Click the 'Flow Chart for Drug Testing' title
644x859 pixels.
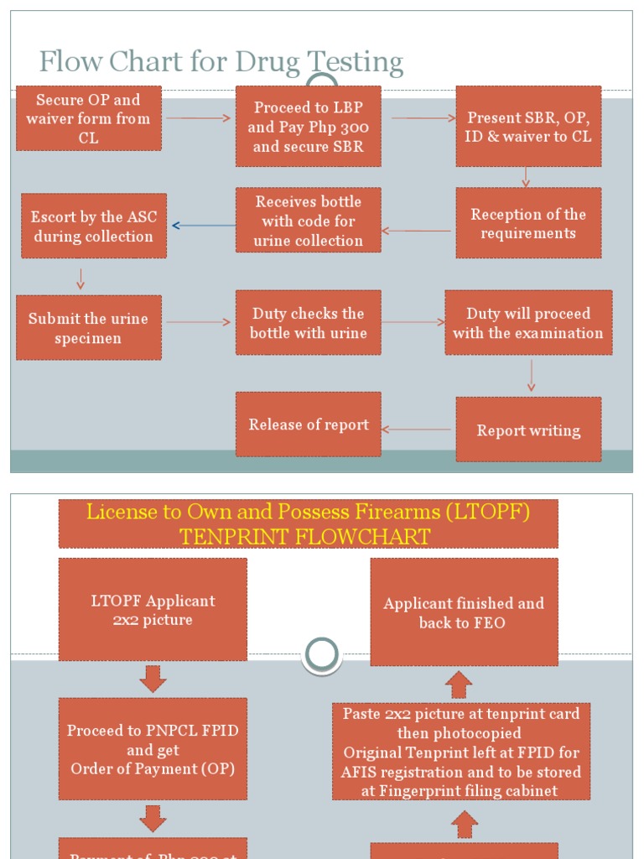pos(221,62)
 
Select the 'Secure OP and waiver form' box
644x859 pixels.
pos(88,118)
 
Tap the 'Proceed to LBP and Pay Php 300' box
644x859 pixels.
pos(308,127)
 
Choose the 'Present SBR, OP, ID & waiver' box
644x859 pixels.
pos(528,127)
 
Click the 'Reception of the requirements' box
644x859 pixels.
pos(528,223)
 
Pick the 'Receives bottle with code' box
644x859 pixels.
pos(308,221)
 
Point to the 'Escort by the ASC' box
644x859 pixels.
pos(93,226)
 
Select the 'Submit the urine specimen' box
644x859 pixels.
pos(88,328)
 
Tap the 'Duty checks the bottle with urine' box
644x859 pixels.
pos(308,323)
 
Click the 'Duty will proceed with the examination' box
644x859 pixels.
pos(528,323)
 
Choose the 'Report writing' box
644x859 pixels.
pos(528,430)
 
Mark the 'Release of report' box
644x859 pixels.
pos(308,424)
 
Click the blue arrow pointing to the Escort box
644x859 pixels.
pos(203,226)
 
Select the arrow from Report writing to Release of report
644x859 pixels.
pos(418,429)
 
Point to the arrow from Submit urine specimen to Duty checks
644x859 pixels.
pos(198,322)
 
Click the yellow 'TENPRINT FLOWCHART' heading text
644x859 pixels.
pos(308,536)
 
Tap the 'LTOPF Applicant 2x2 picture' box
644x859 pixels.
pos(153,610)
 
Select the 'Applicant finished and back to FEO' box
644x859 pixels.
pos(464,612)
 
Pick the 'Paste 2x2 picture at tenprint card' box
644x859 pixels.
pos(461,752)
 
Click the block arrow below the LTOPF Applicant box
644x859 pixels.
pos(153,679)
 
